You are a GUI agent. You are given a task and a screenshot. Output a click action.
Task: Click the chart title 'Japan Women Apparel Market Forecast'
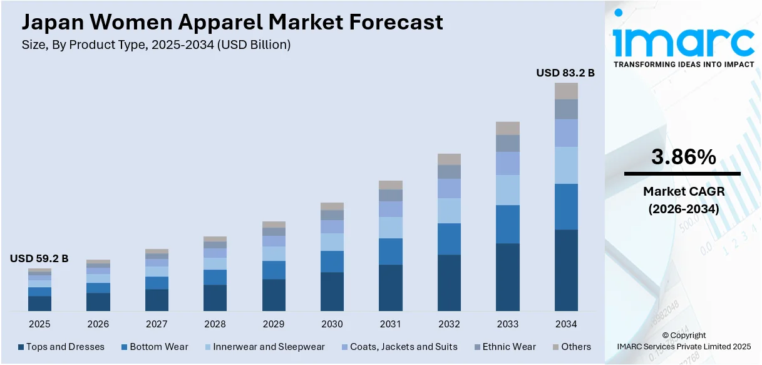[232, 23]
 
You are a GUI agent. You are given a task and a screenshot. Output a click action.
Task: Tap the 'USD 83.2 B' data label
[565, 73]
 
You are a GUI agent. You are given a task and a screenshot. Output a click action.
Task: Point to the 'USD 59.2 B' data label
[39, 258]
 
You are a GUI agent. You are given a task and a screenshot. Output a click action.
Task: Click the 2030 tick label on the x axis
[332, 324]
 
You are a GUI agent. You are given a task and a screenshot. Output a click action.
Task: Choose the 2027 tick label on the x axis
[157, 324]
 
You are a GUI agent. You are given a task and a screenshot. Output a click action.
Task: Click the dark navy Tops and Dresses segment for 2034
[566, 270]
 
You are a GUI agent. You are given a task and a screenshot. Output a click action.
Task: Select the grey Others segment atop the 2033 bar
[508, 128]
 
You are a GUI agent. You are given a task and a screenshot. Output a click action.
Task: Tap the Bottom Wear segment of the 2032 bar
[449, 239]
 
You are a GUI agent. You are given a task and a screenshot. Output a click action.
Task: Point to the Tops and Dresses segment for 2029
[274, 295]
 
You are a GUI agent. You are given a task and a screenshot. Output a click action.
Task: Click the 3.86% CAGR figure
[683, 158]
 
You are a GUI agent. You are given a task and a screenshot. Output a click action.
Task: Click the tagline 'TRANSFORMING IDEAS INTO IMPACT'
[683, 65]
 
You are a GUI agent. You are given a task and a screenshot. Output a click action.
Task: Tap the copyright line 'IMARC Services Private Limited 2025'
[683, 346]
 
